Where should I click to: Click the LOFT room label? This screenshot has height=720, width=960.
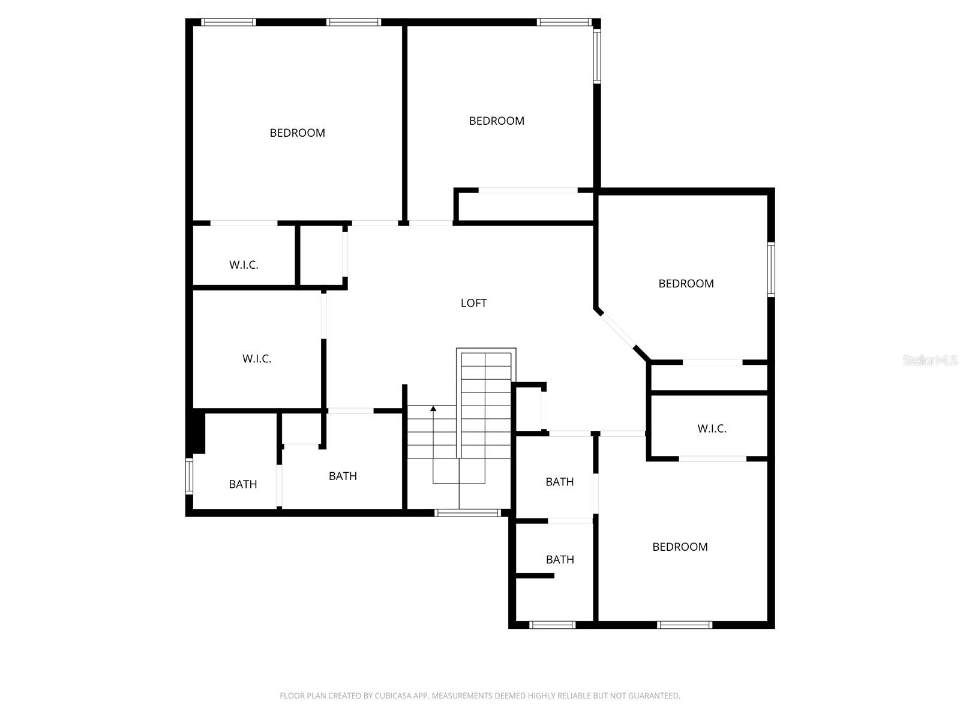(x=473, y=303)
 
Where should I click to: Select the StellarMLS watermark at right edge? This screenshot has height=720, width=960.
(x=929, y=361)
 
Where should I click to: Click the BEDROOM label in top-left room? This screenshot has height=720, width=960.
(x=297, y=133)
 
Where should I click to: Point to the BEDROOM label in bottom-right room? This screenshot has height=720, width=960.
(x=680, y=547)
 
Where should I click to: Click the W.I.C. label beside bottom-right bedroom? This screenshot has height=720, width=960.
(x=712, y=428)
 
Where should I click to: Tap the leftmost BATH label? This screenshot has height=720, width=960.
(x=243, y=484)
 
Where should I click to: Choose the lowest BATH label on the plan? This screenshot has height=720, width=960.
(x=560, y=559)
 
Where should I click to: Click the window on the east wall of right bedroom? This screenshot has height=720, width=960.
(x=771, y=269)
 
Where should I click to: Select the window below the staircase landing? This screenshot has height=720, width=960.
(x=467, y=512)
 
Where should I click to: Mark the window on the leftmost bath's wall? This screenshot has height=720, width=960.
(x=189, y=476)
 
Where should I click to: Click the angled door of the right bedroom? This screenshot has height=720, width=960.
(x=617, y=330)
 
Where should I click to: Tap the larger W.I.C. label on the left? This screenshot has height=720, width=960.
(x=257, y=359)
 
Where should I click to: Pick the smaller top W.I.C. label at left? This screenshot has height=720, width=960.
(x=244, y=265)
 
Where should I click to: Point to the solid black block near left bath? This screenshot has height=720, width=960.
(x=197, y=431)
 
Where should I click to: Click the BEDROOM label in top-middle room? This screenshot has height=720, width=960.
(x=496, y=121)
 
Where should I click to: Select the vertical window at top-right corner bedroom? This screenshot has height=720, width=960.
(x=597, y=55)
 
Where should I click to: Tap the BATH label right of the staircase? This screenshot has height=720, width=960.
(x=559, y=482)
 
